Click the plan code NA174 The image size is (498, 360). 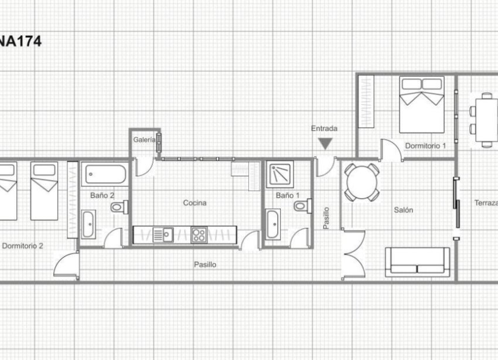[x=21, y=42]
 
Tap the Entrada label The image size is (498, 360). [x=324, y=128]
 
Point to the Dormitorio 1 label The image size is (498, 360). [x=426, y=145]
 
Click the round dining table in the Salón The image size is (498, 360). [x=361, y=182]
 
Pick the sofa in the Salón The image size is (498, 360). [x=417, y=262]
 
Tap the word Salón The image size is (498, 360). [x=403, y=209]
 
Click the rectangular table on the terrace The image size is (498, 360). [x=486, y=120]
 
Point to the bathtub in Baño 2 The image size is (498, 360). [x=105, y=175]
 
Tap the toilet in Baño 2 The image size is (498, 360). [x=120, y=206]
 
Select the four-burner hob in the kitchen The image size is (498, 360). [x=199, y=235]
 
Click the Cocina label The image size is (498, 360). [x=195, y=203]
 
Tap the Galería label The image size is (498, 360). [x=144, y=140]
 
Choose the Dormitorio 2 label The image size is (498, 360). [x=22, y=246]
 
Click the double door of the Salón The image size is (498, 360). [x=353, y=255]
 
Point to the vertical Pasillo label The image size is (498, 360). [x=326, y=218]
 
